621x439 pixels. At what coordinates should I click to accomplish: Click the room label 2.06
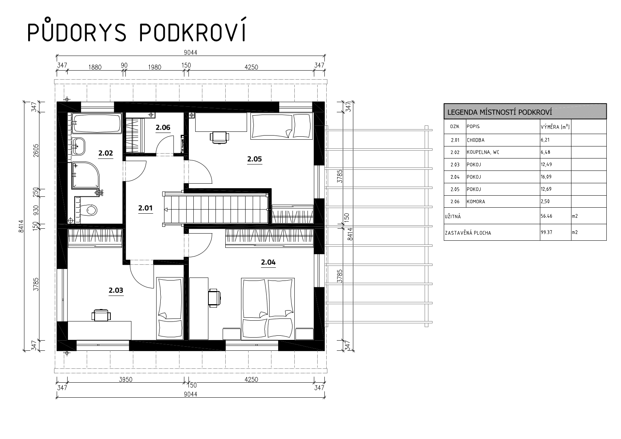[163, 128]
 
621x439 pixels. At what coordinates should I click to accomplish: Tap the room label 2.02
[106, 153]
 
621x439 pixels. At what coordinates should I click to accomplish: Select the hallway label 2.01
[145, 208]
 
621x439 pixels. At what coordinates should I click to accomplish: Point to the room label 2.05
[255, 159]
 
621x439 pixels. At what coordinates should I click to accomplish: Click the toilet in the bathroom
[88, 210]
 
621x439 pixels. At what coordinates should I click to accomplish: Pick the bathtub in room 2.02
[97, 123]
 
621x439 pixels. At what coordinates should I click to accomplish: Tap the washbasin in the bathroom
[79, 146]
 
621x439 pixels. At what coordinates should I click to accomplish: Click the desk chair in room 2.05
[220, 137]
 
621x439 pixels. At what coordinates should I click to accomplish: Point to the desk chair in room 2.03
[101, 315]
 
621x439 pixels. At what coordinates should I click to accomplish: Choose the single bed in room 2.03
[170, 308]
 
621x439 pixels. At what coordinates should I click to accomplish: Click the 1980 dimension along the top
[154, 67]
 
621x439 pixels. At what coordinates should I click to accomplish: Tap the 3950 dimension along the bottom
[125, 380]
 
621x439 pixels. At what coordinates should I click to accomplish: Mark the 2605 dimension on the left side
[36, 151]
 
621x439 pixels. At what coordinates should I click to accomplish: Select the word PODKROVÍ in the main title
[192, 31]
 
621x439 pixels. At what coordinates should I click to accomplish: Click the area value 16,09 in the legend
[546, 177]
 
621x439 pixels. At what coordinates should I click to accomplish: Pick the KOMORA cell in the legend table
[476, 202]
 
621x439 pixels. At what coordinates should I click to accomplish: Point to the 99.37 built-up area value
[546, 232]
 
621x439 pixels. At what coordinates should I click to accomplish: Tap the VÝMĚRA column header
[555, 127]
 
